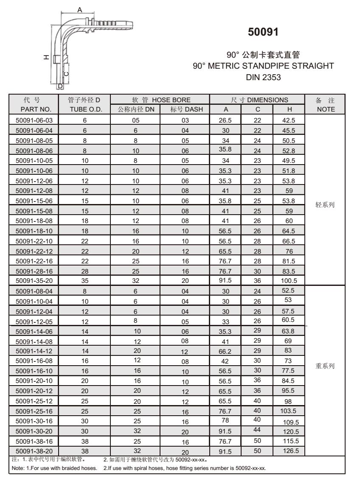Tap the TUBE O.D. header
[x=84, y=109]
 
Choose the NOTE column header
[x=326, y=109]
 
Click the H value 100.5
[x=288, y=280]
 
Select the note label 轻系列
[x=326, y=204]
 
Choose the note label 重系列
[x=326, y=366]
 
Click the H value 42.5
[x=288, y=120]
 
